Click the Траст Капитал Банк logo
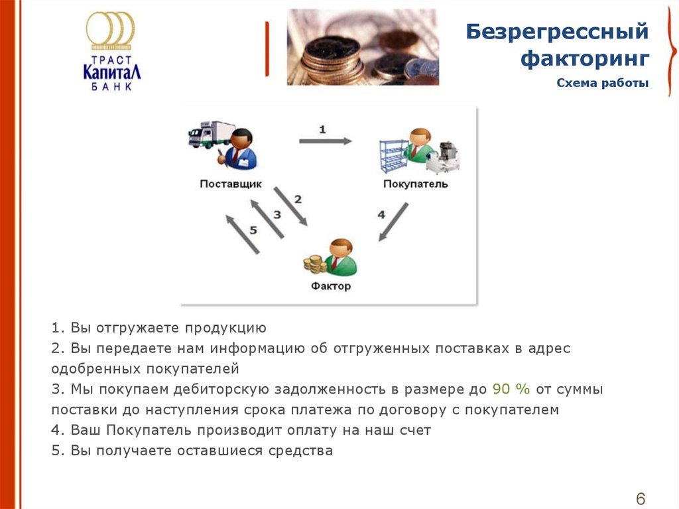[x=111, y=51]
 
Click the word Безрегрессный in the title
[x=557, y=32]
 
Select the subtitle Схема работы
[x=602, y=83]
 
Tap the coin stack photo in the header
[x=363, y=47]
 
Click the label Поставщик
[x=231, y=184]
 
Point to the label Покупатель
[x=415, y=184]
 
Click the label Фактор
[x=331, y=286]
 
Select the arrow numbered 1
[x=325, y=141]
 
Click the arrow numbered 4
[x=393, y=222]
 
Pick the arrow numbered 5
[x=243, y=234]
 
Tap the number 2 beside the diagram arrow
[x=298, y=200]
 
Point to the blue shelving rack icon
[x=393, y=156]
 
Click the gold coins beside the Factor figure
[x=315, y=265]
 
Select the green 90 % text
[x=511, y=389]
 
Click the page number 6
[x=641, y=498]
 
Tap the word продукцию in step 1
[x=225, y=328]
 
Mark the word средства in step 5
[x=300, y=451]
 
